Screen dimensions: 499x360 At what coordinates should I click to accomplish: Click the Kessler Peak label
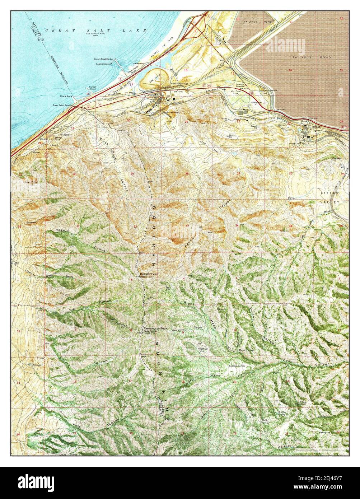[149, 274]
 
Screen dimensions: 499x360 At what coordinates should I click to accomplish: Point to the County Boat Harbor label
[103, 59]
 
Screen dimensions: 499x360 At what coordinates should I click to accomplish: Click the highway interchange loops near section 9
[196, 27]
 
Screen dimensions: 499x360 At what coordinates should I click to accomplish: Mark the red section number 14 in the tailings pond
[290, 70]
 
